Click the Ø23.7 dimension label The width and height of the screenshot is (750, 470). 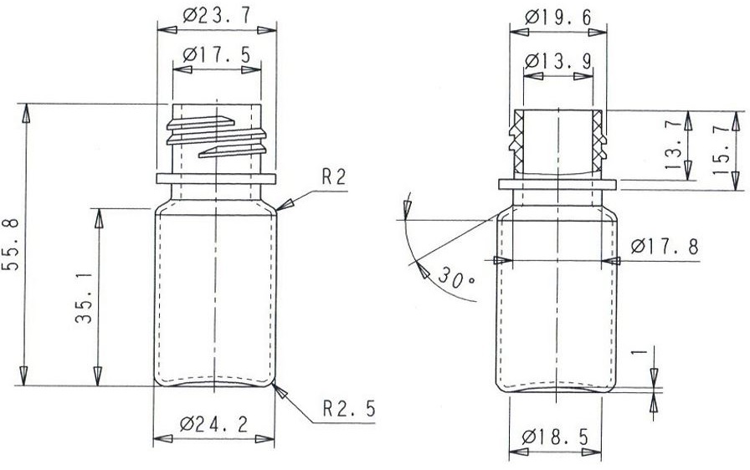pyautogui.click(x=216, y=16)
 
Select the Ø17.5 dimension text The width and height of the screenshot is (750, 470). pyautogui.click(x=216, y=55)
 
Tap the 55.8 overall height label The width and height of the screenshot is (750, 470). pyautogui.click(x=11, y=244)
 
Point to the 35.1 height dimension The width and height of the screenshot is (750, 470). pyautogui.click(x=84, y=298)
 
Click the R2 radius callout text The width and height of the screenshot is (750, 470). pyautogui.click(x=333, y=176)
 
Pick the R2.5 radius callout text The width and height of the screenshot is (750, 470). pyautogui.click(x=349, y=408)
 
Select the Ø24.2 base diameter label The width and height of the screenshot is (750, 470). pyautogui.click(x=213, y=424)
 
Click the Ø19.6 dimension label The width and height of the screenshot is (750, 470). pyautogui.click(x=557, y=18)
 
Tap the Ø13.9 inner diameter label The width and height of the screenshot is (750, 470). pyautogui.click(x=557, y=61)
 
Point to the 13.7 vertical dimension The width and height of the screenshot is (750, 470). pyautogui.click(x=673, y=146)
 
